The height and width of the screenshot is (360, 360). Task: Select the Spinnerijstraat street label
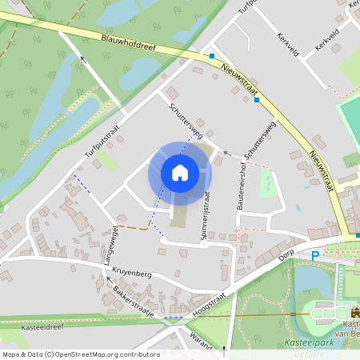click(206, 215)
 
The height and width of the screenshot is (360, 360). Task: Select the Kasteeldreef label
click(43, 327)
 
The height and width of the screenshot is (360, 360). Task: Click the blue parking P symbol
click(314, 255)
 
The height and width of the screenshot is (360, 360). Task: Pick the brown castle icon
click(355, 315)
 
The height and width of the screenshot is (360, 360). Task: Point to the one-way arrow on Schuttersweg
click(226, 151)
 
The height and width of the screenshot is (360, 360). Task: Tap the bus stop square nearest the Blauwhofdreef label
click(212, 56)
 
